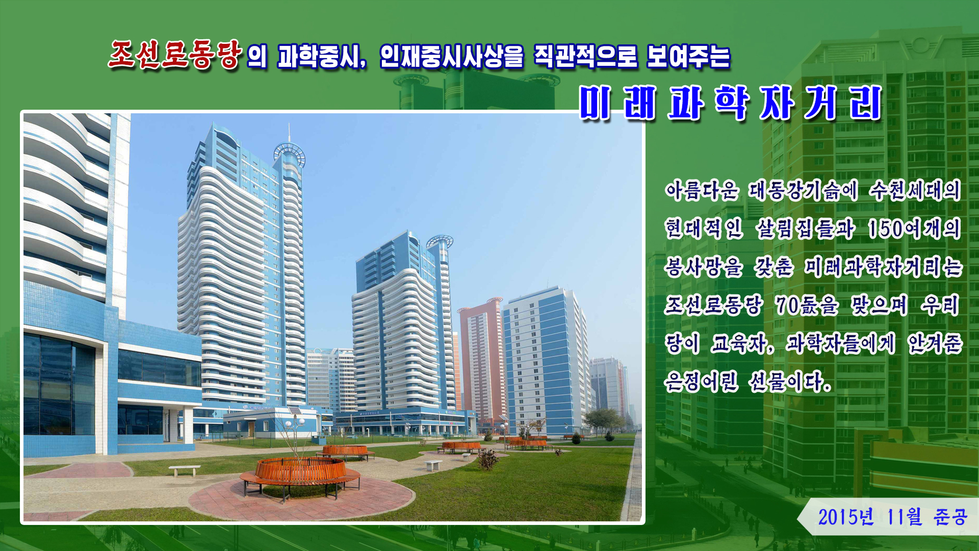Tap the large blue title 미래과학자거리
point(731,103)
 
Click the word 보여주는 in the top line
point(688,57)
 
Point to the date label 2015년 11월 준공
point(892,517)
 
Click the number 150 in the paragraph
point(886,229)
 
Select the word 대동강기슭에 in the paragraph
point(803,190)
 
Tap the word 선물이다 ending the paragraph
point(790,381)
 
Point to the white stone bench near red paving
point(185,470)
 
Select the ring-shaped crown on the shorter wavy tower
point(440,241)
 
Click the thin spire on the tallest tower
point(289,133)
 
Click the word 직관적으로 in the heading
point(585,57)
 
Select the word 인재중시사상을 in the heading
point(452,57)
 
